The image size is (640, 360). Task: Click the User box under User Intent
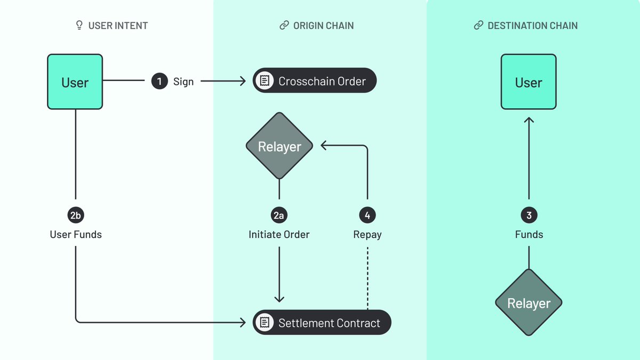(x=75, y=82)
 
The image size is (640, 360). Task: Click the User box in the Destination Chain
(x=528, y=82)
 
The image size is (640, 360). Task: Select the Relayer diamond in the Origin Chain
(x=279, y=146)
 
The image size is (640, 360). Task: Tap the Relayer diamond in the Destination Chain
(x=529, y=303)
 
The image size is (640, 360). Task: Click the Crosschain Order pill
(x=315, y=81)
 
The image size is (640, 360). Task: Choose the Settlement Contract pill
(x=322, y=323)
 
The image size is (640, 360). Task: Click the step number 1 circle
(x=159, y=81)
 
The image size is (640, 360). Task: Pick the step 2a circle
(x=279, y=215)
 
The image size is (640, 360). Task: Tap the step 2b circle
(x=76, y=215)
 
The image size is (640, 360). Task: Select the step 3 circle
(x=529, y=215)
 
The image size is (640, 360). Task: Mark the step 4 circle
(x=367, y=215)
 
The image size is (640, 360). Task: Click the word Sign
(x=183, y=82)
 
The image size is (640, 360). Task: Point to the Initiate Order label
(x=279, y=235)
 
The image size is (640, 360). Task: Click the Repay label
(x=367, y=235)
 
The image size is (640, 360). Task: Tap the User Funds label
(x=76, y=235)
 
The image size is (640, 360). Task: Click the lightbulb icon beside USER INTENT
(x=79, y=26)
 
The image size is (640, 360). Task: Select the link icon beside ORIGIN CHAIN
(x=284, y=26)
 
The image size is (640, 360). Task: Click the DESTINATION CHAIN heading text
(x=532, y=26)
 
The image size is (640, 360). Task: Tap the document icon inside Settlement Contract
(x=263, y=323)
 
